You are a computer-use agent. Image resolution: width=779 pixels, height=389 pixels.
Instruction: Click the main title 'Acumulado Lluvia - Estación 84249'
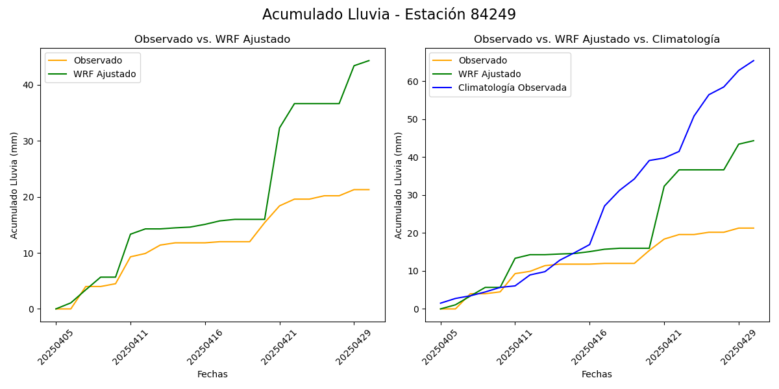click(389, 14)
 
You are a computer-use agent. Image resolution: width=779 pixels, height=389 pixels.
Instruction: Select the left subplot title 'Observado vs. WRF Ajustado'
click(212, 40)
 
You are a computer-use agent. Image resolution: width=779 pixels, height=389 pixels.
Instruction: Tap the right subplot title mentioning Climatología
click(597, 40)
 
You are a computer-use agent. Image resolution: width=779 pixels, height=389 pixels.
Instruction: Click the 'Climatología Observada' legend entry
click(512, 88)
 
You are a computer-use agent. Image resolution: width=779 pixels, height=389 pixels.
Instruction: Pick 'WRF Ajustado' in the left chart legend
click(105, 74)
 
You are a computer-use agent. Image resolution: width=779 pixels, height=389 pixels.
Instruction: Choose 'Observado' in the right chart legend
click(482, 60)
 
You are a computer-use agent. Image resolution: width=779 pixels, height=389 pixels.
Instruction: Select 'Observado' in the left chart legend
click(97, 60)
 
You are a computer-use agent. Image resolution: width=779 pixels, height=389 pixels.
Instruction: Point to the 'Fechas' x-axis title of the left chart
click(212, 374)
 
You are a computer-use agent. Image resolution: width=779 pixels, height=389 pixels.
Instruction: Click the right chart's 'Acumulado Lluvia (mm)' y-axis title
click(399, 185)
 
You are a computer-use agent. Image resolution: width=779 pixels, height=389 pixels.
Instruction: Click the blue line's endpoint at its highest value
click(754, 61)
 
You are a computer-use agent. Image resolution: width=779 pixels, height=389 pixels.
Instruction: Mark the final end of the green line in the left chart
click(369, 61)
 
